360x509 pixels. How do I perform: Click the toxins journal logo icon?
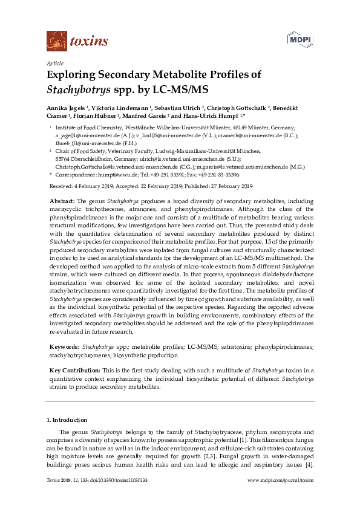click(56, 41)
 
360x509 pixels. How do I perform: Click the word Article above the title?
click(55, 63)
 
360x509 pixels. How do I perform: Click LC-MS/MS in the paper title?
click(180, 90)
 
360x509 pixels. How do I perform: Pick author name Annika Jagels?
click(67, 107)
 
